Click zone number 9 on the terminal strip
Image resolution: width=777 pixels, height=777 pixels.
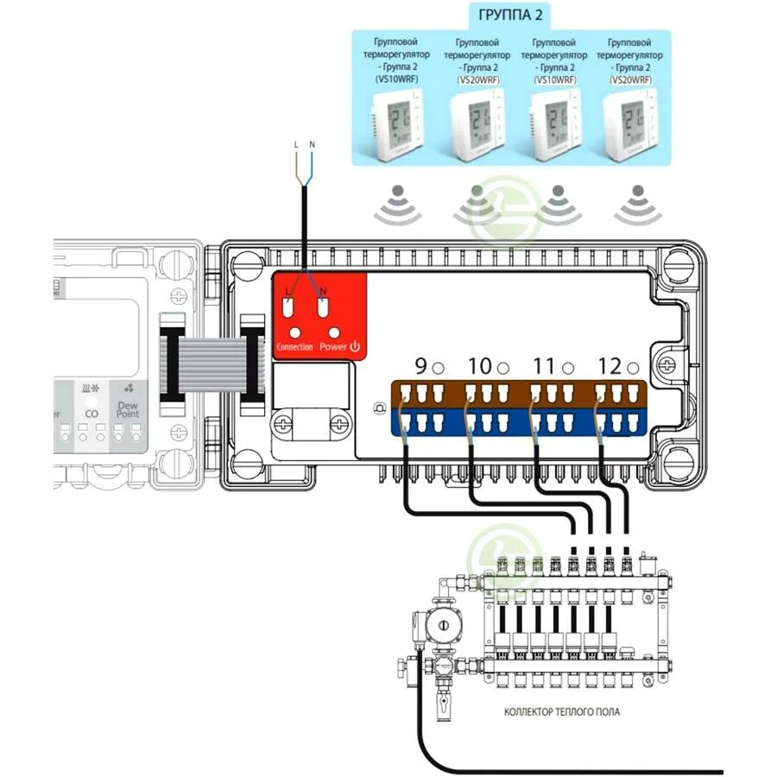point(420,366)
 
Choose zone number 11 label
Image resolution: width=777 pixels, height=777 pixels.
point(543,366)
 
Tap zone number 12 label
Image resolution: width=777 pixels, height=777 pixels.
point(610,366)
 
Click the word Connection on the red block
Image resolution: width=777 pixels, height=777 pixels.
point(294,346)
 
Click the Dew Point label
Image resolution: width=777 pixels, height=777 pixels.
point(127,408)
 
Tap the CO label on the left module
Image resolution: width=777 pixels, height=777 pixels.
point(92,414)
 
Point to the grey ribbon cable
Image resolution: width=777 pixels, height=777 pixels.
point(208,360)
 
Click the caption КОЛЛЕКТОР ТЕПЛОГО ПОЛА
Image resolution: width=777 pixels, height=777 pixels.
point(561,712)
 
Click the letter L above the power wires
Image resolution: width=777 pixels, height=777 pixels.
point(296,142)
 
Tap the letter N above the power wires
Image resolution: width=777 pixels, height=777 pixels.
point(311,142)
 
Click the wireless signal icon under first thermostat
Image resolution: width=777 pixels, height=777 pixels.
point(397,202)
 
